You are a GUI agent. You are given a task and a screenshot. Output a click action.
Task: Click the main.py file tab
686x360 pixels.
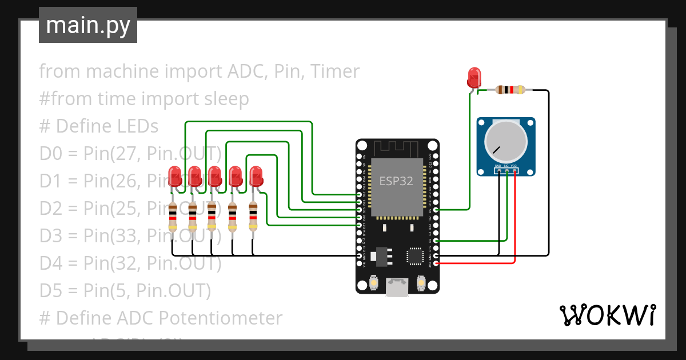click(88, 25)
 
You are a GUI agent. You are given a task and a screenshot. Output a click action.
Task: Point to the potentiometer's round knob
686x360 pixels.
click(506, 142)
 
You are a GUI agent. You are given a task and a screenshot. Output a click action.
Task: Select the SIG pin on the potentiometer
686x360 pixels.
click(506, 170)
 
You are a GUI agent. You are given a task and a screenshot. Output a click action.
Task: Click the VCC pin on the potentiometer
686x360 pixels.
click(514, 170)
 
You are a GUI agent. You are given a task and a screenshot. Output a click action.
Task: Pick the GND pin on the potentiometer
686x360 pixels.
click(498, 170)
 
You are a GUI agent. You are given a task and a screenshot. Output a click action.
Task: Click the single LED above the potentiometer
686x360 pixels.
click(474, 77)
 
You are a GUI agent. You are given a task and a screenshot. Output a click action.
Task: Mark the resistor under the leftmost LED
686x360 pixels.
click(173, 218)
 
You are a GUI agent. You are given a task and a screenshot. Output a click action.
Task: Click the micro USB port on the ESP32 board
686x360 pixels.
click(397, 287)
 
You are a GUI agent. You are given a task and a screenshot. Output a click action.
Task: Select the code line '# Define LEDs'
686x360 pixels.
click(98, 126)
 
